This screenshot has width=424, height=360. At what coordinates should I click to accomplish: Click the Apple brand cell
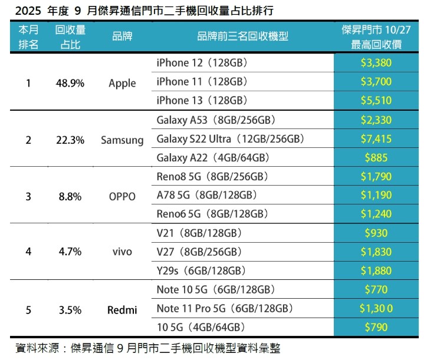coord(122,83)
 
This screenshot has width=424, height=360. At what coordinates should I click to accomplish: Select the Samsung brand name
coord(122,140)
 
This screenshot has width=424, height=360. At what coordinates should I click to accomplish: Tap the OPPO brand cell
coord(122,197)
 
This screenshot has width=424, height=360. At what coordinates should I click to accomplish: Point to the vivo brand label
coord(122,252)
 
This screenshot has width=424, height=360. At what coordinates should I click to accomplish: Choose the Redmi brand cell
coord(122,309)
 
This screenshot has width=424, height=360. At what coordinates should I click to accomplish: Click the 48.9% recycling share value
coord(70,83)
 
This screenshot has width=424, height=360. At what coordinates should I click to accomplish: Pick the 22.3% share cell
coord(70,140)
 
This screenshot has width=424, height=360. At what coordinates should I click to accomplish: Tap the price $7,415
coord(376,139)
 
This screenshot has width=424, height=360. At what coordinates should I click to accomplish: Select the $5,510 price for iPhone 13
coord(376,100)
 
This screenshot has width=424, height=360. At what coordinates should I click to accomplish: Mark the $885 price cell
coord(376,157)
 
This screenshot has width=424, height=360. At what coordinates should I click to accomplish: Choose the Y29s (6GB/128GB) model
coord(201,270)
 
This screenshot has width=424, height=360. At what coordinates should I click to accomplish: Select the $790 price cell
coord(376,327)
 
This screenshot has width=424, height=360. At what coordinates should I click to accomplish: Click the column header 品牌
coord(122,37)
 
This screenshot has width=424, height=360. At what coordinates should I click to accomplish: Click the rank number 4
coord(28,252)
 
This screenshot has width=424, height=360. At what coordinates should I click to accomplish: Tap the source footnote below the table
coord(147,348)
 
